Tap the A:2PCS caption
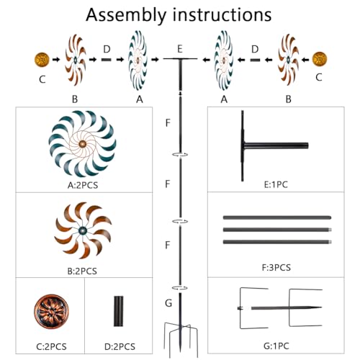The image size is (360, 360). [x=83, y=185]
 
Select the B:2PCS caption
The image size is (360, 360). [x=82, y=271]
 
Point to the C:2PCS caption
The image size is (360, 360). [x=51, y=346]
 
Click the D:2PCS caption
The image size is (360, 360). [x=120, y=346]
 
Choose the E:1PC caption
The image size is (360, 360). [x=276, y=184]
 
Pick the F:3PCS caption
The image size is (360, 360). [x=276, y=267]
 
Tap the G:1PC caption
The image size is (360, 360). [x=276, y=346]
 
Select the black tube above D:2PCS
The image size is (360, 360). [x=118, y=311]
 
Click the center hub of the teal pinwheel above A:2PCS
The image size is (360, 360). [x=82, y=144]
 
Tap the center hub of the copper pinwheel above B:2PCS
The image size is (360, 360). [x=83, y=230]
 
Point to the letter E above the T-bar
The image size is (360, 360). [x=180, y=49]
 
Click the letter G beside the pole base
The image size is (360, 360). [x=168, y=303]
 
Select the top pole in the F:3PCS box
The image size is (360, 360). [x=277, y=217]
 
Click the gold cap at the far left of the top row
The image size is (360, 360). [x=42, y=59]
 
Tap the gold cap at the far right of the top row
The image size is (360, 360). [x=320, y=59]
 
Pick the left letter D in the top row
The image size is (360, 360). [x=107, y=49]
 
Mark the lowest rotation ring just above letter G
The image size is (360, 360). [x=180, y=288]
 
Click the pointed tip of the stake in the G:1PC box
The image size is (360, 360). [x=322, y=307]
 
